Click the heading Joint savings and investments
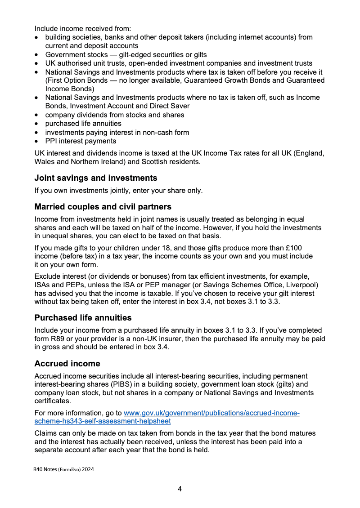tap(96, 178)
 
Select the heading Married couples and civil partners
tap(103, 207)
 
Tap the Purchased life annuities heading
tap(83, 318)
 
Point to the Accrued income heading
tap(67, 363)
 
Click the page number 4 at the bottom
tap(180, 489)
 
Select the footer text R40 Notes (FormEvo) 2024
tap(63, 469)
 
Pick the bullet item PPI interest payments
tap(81, 141)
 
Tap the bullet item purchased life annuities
tap(83, 123)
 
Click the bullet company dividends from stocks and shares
tap(114, 115)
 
